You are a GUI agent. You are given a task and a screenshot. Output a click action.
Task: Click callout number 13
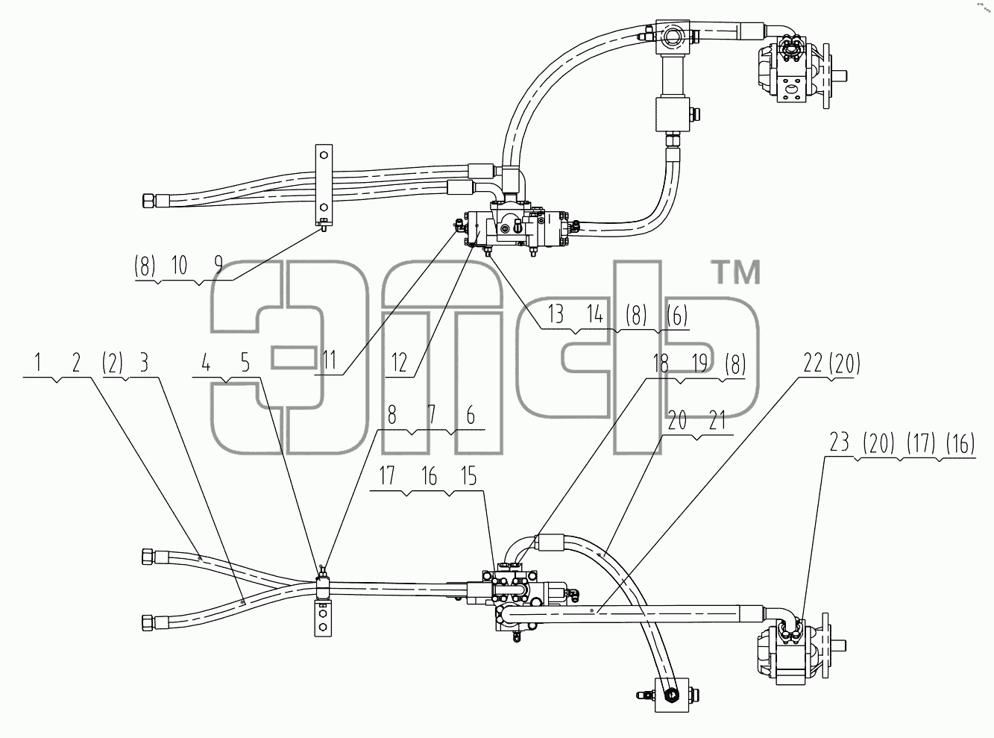tap(556, 314)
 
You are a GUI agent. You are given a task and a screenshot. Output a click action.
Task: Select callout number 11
tap(330, 360)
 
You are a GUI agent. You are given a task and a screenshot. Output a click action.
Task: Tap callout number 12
tap(399, 363)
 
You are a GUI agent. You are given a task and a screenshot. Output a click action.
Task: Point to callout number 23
tap(839, 443)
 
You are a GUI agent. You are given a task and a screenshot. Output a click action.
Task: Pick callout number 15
tap(469, 476)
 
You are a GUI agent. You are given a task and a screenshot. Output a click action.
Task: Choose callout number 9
tap(218, 265)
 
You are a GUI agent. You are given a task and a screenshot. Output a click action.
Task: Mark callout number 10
tap(179, 265)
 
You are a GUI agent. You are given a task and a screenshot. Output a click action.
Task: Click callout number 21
tap(717, 421)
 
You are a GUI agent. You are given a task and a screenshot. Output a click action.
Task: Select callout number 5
tap(245, 363)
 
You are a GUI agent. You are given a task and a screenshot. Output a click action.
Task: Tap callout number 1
tap(38, 363)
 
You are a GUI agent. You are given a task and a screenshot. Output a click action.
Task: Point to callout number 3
tap(144, 363)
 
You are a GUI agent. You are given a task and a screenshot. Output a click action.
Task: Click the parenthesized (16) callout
tap(960, 444)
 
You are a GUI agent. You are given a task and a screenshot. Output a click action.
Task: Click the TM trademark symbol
tap(737, 273)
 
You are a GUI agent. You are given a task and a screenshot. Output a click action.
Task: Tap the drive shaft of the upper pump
tap(839, 76)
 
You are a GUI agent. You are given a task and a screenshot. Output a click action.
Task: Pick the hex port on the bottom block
tap(672, 695)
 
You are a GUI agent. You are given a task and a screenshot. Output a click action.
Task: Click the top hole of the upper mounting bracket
tap(324, 155)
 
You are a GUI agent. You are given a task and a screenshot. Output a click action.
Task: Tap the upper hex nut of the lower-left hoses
tap(148, 557)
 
